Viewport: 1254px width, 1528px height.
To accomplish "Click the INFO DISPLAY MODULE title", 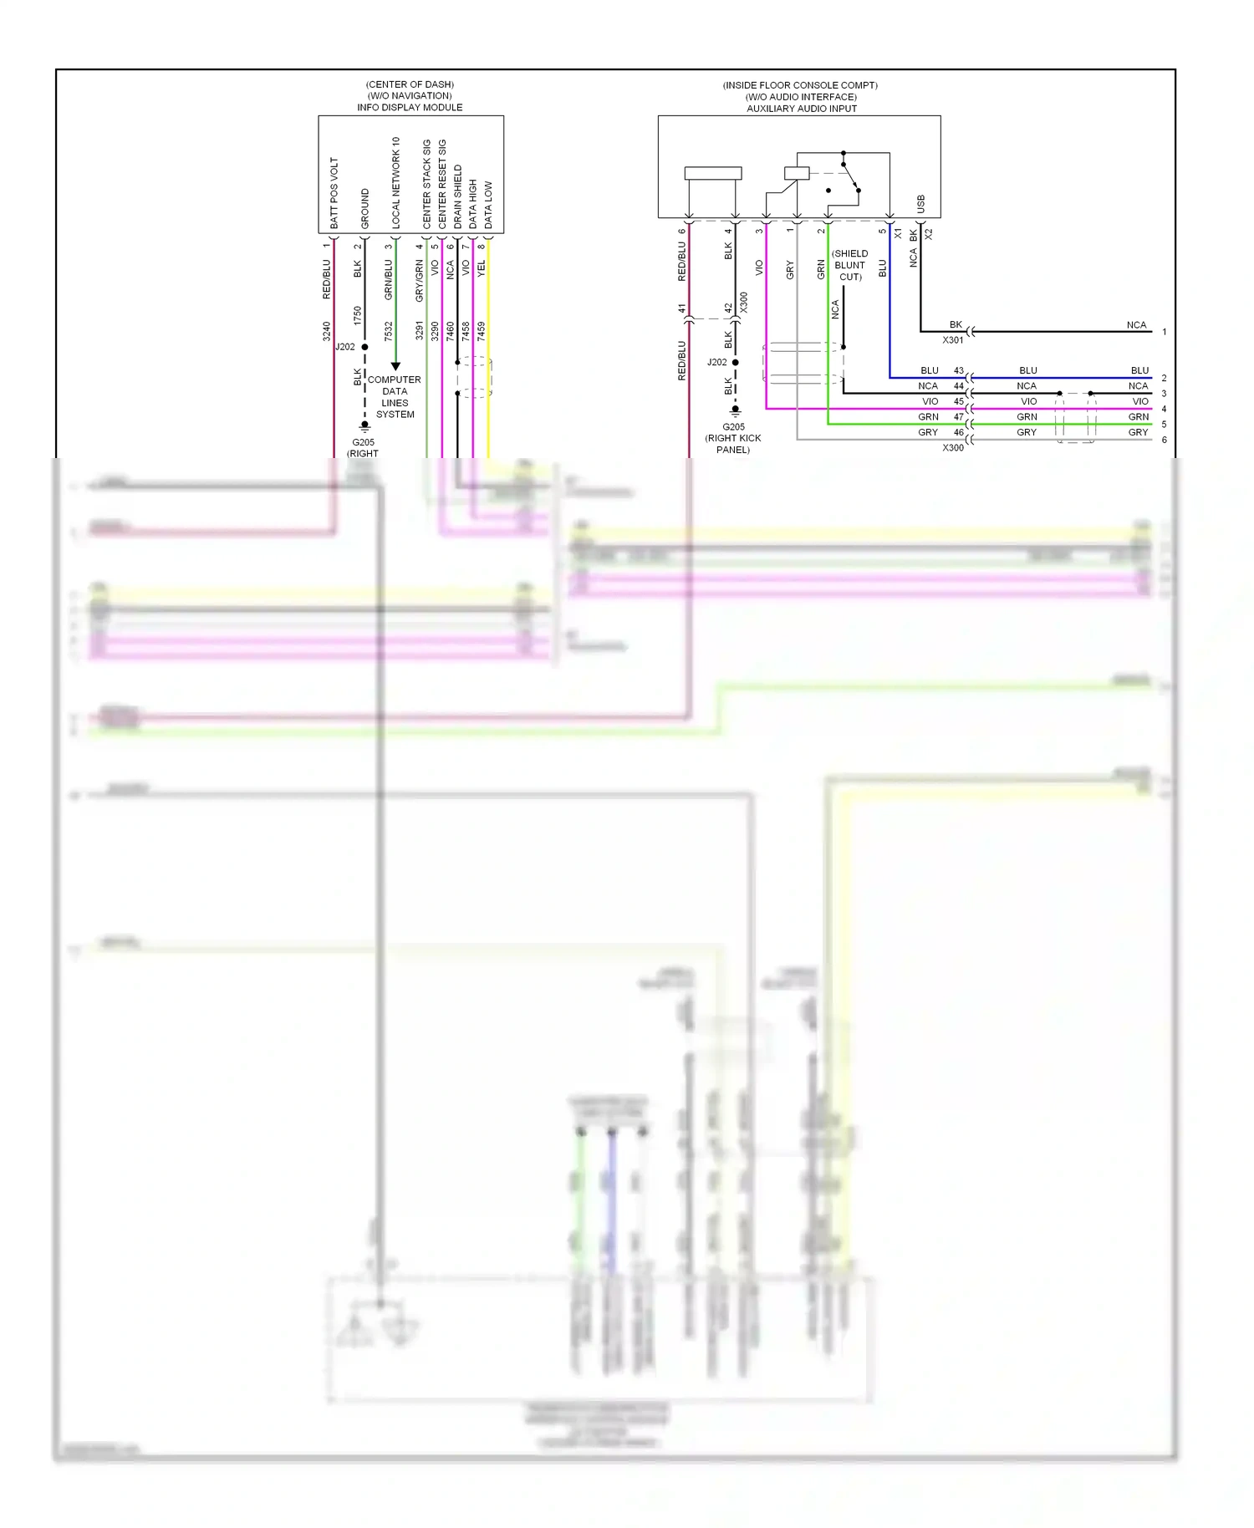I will [410, 107].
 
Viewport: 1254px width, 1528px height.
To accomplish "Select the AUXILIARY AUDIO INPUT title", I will [801, 108].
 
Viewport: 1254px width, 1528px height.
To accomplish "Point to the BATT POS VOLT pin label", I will [334, 193].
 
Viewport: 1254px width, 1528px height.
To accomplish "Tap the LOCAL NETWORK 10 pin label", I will [395, 183].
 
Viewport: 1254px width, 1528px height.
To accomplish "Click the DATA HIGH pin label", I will [472, 204].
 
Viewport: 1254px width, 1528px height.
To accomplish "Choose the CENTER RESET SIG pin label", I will [442, 184].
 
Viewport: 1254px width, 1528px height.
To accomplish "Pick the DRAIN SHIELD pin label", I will [457, 196].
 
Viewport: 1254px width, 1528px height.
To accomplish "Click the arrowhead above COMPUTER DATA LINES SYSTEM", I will [395, 366].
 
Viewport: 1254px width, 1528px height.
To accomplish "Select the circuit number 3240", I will [327, 331].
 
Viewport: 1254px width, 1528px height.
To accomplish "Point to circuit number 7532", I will [388, 331].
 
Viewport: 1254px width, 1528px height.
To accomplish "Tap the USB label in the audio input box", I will [920, 204].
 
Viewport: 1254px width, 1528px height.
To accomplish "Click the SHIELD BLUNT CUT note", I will [849, 265].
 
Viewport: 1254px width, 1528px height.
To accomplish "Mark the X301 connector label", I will [952, 340].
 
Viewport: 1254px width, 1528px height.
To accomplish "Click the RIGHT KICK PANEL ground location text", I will [732, 444].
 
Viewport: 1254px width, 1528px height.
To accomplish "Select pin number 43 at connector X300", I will [958, 370].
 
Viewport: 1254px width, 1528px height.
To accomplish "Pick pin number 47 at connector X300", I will [958, 416].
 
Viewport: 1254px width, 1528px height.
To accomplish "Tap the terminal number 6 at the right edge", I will [1164, 440].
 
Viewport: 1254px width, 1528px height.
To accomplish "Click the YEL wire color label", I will [482, 268].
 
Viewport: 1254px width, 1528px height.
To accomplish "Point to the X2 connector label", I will [929, 234].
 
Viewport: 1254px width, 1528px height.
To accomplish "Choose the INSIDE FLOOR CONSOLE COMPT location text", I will [800, 85].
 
